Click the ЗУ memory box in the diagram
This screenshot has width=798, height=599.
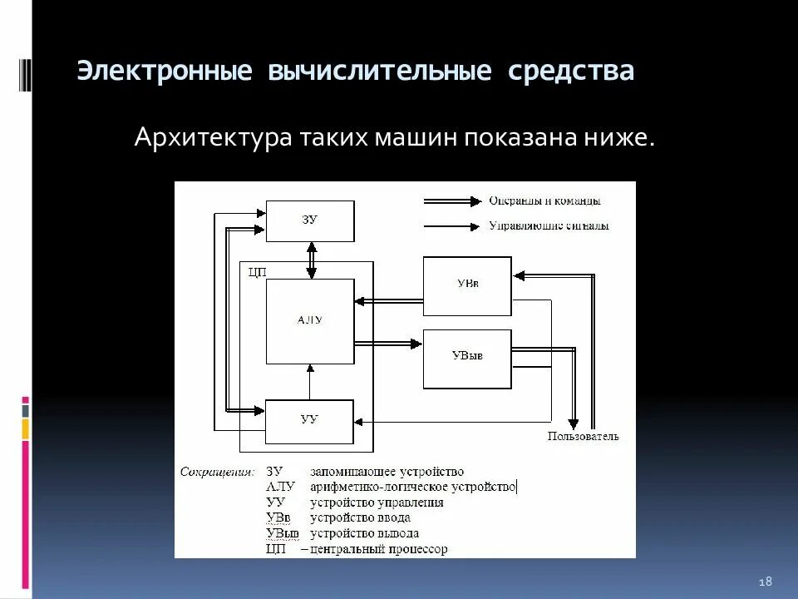pyautogui.click(x=309, y=220)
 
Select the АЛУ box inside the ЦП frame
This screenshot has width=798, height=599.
pyautogui.click(x=309, y=321)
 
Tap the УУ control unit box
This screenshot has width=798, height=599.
pyautogui.click(x=309, y=421)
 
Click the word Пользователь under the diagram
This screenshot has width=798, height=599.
pyautogui.click(x=583, y=436)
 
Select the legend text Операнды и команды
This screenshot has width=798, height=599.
pyautogui.click(x=544, y=200)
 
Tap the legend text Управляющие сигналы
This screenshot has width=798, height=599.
pyautogui.click(x=549, y=225)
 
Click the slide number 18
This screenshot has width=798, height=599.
pyautogui.click(x=766, y=580)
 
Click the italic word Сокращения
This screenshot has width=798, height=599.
pyautogui.click(x=217, y=472)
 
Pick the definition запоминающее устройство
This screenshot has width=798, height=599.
pyautogui.click(x=387, y=472)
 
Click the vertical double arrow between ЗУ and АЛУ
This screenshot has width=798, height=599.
pyautogui.click(x=311, y=260)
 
